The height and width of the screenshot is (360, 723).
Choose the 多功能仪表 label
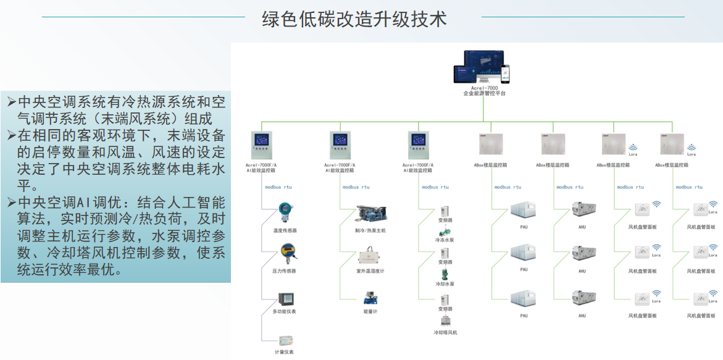click(x=285, y=311)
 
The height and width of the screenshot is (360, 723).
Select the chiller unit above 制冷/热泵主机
click(x=370, y=215)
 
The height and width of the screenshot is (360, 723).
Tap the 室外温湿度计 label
click(x=370, y=271)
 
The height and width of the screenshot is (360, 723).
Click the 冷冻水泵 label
click(x=445, y=240)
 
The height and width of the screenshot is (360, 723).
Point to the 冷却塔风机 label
click(x=445, y=332)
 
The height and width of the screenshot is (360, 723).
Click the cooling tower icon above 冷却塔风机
click(x=445, y=320)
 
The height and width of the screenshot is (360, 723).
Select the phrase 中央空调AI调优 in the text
click(x=70, y=202)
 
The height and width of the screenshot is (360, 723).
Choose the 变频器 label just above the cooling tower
click(x=445, y=308)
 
